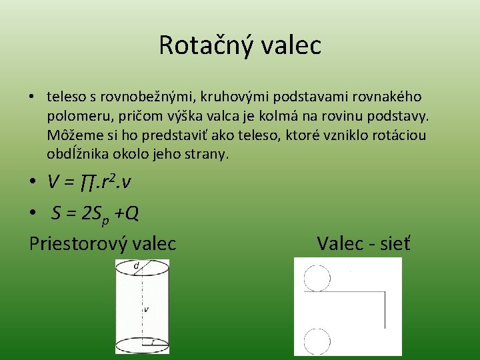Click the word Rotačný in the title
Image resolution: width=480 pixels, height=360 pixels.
pyautogui.click(x=199, y=45)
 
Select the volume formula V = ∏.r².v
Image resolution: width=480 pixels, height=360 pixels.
pyautogui.click(x=99, y=181)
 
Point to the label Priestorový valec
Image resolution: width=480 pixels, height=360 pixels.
pyautogui.click(x=103, y=243)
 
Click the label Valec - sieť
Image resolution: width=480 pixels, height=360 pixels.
pyautogui.click(x=364, y=243)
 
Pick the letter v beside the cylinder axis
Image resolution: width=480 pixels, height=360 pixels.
pyautogui.click(x=146, y=309)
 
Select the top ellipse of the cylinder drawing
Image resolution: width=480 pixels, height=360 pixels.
pyautogui.click(x=142, y=270)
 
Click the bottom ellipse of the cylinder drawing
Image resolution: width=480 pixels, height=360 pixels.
pyautogui.click(x=142, y=345)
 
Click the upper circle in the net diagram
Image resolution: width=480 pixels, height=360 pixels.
pyautogui.click(x=317, y=277)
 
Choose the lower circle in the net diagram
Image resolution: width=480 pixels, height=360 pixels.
pyautogui.click(x=317, y=341)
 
